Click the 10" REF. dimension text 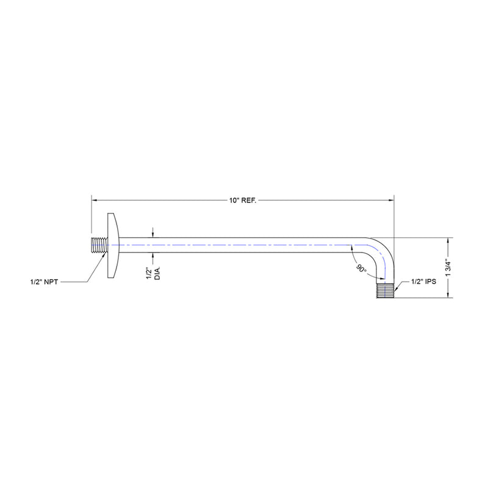click(x=242, y=199)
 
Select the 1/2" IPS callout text click(x=424, y=281)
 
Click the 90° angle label click(x=363, y=268)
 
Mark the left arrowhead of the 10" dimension click(x=95, y=199)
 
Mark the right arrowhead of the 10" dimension click(x=391, y=199)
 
